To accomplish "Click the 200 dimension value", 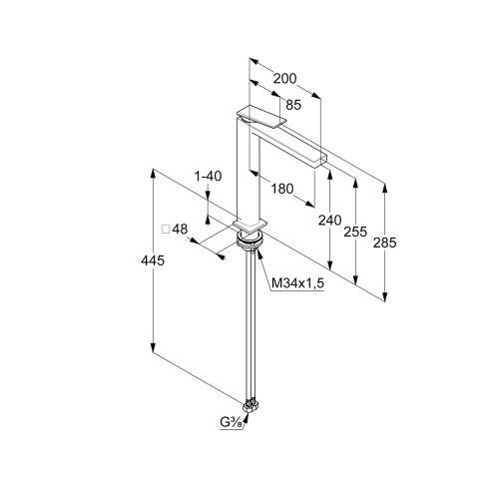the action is (x=284, y=79).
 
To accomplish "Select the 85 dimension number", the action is (x=293, y=105).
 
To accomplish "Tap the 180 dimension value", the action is (x=282, y=189).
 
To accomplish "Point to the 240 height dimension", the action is (x=330, y=221).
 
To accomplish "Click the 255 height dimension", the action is (x=355, y=232).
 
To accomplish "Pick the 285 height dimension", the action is (x=384, y=243).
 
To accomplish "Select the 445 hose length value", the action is (x=153, y=260).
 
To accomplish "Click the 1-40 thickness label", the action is (x=208, y=176).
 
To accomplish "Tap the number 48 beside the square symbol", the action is (x=180, y=229).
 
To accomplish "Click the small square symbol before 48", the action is (x=166, y=230).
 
